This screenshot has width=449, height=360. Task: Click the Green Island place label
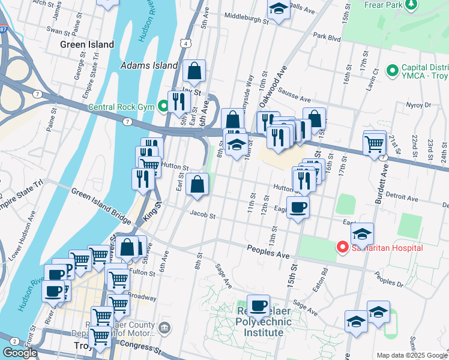[87, 44]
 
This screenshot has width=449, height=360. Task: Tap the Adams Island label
[149, 65]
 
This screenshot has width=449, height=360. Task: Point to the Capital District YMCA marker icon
[393, 71]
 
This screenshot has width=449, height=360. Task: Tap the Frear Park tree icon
[411, 5]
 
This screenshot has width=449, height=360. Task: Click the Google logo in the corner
[19, 353]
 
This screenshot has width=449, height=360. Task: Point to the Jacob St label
[202, 214]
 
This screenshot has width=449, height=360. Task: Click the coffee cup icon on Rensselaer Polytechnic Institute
[258, 305]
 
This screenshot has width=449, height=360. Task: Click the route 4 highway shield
[187, 44]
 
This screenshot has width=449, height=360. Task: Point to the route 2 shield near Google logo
[13, 341]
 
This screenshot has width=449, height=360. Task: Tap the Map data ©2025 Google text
[412, 355]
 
